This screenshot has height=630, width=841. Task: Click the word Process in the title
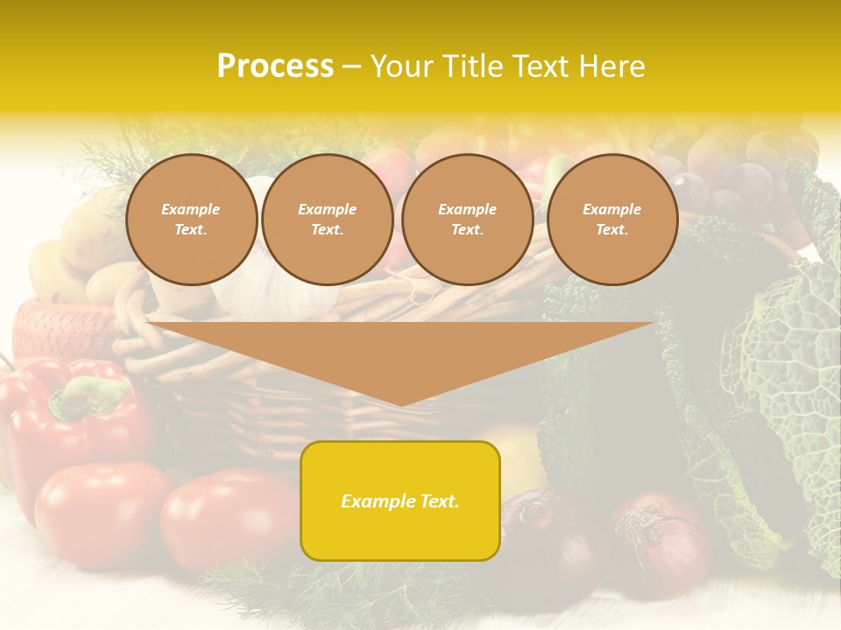pyautogui.click(x=275, y=66)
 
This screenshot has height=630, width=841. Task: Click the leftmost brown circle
pyautogui.click(x=192, y=220)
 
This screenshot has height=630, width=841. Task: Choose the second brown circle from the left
pyautogui.click(x=328, y=220)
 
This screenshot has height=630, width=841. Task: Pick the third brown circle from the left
pyautogui.click(x=468, y=220)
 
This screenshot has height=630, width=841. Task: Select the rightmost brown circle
pyautogui.click(x=612, y=220)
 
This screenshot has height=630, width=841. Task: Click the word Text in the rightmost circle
pyautogui.click(x=611, y=230)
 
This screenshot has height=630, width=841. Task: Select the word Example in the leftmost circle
pyautogui.click(x=191, y=209)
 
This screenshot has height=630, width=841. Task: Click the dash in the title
pyautogui.click(x=351, y=67)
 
